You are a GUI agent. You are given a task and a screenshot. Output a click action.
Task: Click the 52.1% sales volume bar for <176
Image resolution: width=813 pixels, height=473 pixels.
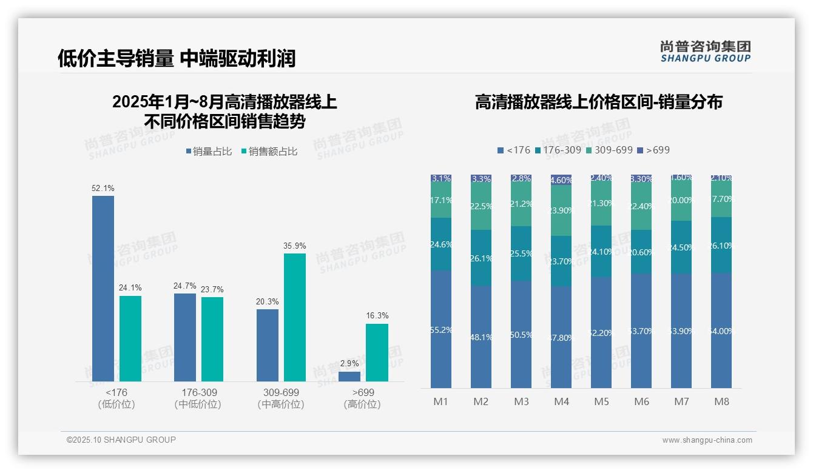(103, 288)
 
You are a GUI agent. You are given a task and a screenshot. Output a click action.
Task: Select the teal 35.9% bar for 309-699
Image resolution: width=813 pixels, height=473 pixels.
(295, 317)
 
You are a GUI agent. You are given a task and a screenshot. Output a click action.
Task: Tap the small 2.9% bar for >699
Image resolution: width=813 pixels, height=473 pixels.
(349, 377)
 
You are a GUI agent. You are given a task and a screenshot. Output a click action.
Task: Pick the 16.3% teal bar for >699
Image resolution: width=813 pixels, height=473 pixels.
(377, 352)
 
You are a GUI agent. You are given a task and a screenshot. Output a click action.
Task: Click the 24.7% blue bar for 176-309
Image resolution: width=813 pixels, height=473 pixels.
(185, 337)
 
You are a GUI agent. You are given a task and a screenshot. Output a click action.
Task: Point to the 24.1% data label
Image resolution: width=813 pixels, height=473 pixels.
(130, 288)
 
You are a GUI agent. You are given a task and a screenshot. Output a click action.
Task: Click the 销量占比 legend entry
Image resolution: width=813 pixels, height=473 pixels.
(209, 152)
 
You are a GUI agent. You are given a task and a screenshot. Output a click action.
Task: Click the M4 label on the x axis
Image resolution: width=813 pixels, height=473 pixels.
(561, 401)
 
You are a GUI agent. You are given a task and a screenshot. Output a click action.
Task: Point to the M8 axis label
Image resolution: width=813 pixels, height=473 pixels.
(721, 401)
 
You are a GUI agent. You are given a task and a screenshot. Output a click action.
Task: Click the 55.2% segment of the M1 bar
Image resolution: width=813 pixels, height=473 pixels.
(441, 329)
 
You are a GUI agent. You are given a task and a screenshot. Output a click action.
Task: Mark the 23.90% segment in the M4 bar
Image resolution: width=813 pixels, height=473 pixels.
(561, 210)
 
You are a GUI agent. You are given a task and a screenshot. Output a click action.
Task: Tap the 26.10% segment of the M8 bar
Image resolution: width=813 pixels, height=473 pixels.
(721, 245)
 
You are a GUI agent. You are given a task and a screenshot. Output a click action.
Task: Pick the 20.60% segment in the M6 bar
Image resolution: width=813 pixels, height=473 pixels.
(641, 252)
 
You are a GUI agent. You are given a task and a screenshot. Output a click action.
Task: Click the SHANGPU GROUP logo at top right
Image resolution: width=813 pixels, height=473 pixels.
(705, 52)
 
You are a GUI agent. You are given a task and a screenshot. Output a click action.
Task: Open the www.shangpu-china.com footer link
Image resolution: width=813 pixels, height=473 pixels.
(707, 440)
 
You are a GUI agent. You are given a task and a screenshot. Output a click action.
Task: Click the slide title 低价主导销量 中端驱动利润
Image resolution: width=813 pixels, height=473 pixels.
(177, 58)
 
